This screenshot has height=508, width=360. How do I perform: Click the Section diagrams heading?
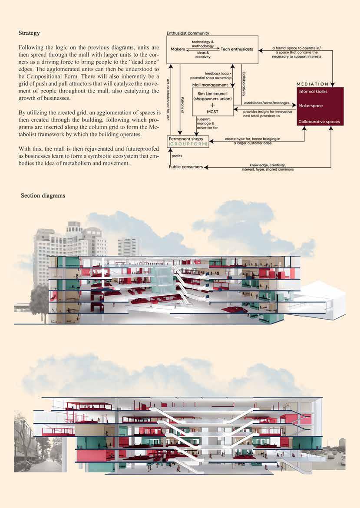pos(43,196)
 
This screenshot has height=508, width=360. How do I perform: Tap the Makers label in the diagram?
pos(178,49)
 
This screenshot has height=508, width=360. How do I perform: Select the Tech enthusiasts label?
pos(237,49)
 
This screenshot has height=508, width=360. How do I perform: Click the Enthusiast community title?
pos(188,33)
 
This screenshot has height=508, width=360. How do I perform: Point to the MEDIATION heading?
pos(312,84)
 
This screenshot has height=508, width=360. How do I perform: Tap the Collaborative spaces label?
pos(319,122)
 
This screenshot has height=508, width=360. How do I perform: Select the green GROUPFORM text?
pos(188,144)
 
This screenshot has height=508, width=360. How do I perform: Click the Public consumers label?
pos(186,167)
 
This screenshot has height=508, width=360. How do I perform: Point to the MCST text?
pos(212,111)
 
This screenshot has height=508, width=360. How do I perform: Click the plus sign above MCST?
pos(212,105)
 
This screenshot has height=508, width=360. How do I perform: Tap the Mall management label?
pos(210,85)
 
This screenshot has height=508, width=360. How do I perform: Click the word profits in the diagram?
pos(177,155)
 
